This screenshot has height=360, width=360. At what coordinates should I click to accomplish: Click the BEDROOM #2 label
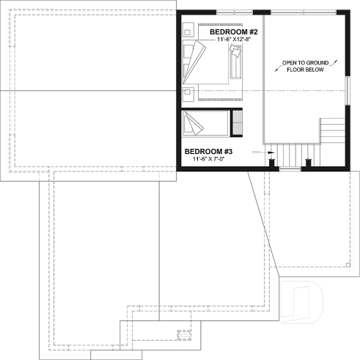pos(232,32)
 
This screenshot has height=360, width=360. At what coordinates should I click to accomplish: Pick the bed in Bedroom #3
pos(205,123)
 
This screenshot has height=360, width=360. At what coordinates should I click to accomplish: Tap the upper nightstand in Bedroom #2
pos(188,31)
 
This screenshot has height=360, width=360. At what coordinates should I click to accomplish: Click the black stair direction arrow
pos(271,153)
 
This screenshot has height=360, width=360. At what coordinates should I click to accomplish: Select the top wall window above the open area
pos(301,11)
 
